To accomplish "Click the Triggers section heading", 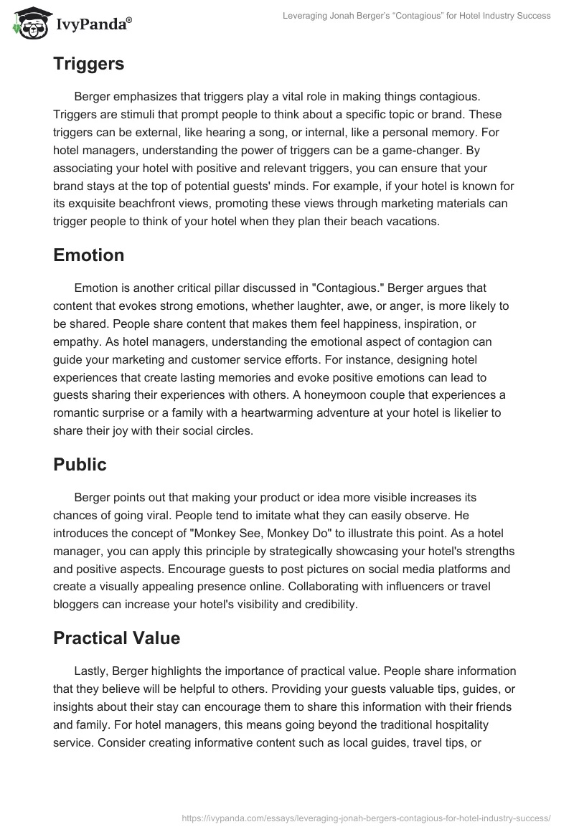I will point(88,64).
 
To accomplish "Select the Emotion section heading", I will point(88,255).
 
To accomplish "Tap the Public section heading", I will point(80,465).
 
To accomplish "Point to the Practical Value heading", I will point(117,638).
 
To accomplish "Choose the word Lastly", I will point(92,671).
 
